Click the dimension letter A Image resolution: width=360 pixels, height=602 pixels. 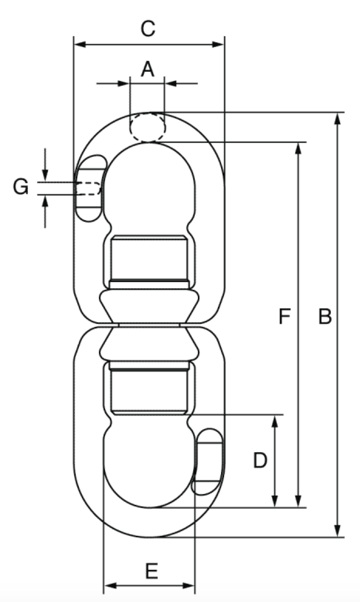[148, 69]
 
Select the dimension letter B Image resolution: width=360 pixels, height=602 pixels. [325, 317]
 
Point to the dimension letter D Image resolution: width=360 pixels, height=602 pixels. [260, 460]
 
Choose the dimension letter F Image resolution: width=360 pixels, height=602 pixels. [285, 317]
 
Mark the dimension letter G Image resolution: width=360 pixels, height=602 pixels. [20, 187]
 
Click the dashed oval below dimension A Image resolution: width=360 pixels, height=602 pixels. [147, 127]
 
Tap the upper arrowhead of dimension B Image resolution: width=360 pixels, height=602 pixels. [337, 119]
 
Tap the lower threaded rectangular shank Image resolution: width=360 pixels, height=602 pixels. [149, 391]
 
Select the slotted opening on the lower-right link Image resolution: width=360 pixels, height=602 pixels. [208, 461]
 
